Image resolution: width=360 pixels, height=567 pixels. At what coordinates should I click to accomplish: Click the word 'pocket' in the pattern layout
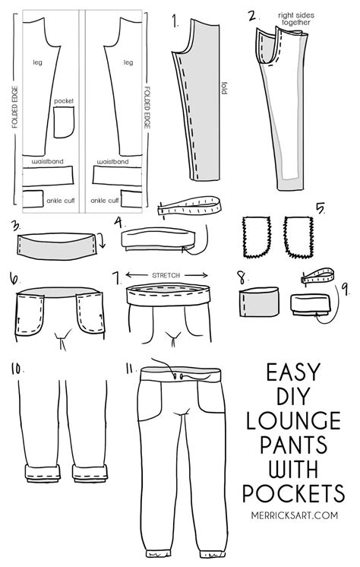coord(64,101)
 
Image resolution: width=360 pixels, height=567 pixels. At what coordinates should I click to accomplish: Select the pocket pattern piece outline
coord(54,123)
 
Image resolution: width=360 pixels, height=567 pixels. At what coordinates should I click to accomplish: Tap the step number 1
coord(175,21)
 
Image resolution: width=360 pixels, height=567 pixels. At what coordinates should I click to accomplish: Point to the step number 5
coord(320,208)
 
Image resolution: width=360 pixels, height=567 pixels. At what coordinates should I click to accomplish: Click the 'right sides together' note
coord(296,19)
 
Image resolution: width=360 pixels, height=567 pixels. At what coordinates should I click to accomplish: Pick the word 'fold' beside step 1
coord(224,88)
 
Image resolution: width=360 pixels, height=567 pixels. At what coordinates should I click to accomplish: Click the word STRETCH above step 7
coord(166,276)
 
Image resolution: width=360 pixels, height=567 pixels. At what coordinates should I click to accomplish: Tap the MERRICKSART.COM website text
coord(295,515)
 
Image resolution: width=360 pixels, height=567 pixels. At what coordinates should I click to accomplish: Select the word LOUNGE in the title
coord(293,420)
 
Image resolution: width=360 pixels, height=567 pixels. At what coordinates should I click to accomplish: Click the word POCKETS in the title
coord(293,493)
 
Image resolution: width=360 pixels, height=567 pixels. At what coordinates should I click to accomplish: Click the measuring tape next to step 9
coord(317,276)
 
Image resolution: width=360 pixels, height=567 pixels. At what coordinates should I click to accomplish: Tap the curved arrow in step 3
coord(102,240)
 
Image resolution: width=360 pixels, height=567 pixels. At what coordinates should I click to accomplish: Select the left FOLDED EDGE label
coord(14,107)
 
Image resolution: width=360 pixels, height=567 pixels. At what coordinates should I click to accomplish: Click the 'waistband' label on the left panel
coord(47,161)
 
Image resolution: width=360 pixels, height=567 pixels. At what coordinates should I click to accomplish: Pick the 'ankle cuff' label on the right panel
coord(105,201)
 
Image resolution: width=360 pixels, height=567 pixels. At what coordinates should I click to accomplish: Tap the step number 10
coord(16,369)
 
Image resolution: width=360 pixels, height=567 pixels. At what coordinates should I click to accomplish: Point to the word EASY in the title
coord(293,372)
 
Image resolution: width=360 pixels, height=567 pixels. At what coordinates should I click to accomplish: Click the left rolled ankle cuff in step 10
coord(43,473)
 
